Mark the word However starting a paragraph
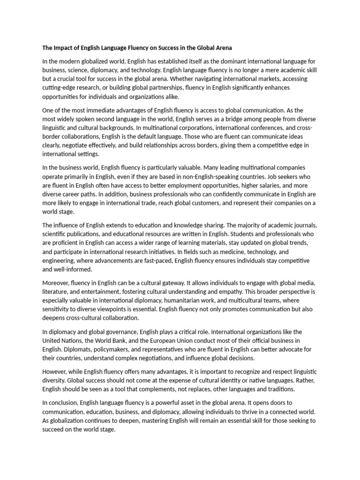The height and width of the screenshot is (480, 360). pyautogui.click(x=56, y=371)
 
